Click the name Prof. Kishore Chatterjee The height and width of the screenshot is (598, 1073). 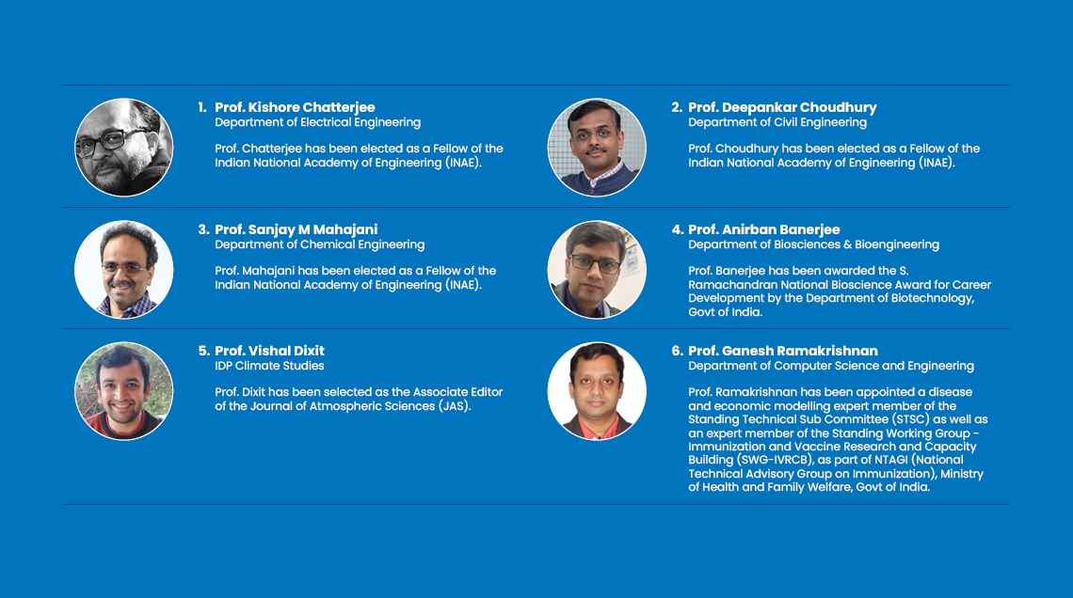(x=295, y=107)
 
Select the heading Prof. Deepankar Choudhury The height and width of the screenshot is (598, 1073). (x=782, y=107)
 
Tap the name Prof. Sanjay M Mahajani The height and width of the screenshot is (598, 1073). (x=296, y=229)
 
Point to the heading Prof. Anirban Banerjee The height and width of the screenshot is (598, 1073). (x=763, y=229)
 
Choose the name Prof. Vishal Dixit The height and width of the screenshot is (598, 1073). (x=269, y=351)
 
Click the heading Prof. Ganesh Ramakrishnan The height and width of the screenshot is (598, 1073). (x=783, y=351)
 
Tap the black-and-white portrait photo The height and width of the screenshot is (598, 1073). (x=124, y=148)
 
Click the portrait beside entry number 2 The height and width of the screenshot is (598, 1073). (x=597, y=148)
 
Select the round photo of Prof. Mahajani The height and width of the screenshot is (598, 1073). (x=124, y=269)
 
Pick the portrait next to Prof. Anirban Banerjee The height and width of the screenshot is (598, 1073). (x=597, y=269)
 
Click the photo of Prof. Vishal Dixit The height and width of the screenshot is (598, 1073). (x=124, y=391)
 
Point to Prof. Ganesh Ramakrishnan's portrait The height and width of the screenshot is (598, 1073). (x=597, y=391)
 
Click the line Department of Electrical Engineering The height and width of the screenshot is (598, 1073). (x=317, y=122)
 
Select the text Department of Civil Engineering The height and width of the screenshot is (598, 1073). (x=777, y=122)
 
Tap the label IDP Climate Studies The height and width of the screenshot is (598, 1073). (x=269, y=366)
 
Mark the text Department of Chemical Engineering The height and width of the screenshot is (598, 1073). (x=320, y=244)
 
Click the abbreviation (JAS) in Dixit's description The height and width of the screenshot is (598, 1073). (x=455, y=406)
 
